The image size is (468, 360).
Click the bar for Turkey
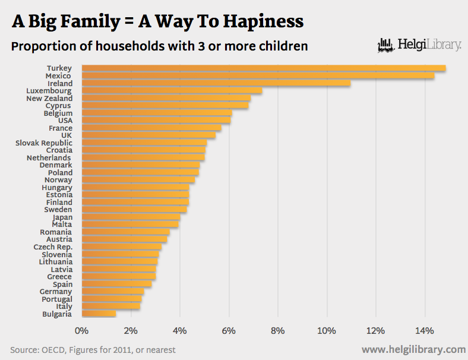pyautogui.click(x=263, y=69)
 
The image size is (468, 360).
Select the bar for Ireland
pyautogui.click(x=216, y=84)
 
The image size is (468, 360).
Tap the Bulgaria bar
pyautogui.click(x=99, y=314)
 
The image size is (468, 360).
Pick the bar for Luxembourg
pyautogui.click(x=172, y=91)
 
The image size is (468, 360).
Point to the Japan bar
pyautogui.click(x=131, y=217)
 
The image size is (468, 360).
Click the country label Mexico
pyautogui.click(x=58, y=76)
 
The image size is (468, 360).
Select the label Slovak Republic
pyautogui.click(x=44, y=143)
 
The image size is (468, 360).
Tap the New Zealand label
pyautogui.click(x=49, y=99)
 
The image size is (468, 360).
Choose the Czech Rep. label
pyautogui.click(x=53, y=247)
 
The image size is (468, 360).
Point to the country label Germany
pyautogui.click(x=56, y=292)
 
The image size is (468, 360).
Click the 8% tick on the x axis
pyautogui.click(x=277, y=330)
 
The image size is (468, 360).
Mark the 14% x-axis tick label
pyautogui.click(x=425, y=330)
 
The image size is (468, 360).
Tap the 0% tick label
pyautogui.click(x=81, y=330)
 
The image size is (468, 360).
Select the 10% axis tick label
pyautogui.click(x=327, y=330)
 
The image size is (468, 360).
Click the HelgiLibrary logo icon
pyautogui.click(x=386, y=45)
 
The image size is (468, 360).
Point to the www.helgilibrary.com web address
pyautogui.click(x=413, y=349)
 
